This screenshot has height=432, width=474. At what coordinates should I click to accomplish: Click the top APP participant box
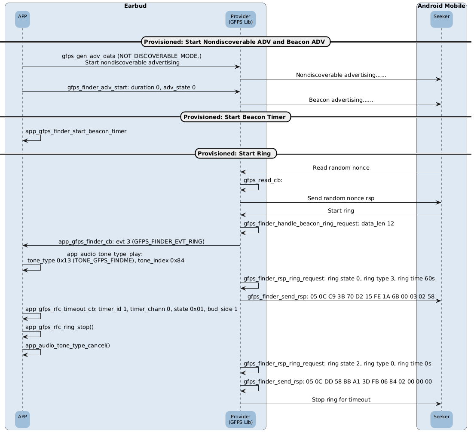[22, 19]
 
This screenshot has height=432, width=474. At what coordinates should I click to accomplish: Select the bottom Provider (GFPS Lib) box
[241, 419]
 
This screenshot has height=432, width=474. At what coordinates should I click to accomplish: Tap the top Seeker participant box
[441, 19]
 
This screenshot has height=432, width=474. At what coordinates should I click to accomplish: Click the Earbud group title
[135, 6]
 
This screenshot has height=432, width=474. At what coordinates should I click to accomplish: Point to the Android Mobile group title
[441, 6]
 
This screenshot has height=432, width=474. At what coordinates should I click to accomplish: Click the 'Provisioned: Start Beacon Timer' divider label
[235, 117]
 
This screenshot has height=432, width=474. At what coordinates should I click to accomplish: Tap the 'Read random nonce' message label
[341, 167]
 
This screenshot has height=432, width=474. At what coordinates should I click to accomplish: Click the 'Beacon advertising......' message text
[341, 100]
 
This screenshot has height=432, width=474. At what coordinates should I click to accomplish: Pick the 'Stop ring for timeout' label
[341, 400]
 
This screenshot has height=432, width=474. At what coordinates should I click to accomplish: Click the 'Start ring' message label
[341, 210]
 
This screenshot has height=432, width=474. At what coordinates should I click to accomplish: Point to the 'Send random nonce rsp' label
[341, 198]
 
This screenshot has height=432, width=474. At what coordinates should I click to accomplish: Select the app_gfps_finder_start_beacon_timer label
[76, 131]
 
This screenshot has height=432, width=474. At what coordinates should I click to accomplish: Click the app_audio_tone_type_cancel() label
[68, 345]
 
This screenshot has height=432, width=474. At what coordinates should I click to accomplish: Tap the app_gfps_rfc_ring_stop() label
[60, 327]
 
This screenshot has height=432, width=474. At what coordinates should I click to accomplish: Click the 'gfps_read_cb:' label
[263, 180]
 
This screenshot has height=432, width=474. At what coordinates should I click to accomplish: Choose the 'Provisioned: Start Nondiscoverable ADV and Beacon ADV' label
[234, 42]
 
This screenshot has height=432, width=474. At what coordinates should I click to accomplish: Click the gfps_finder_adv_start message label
[131, 87]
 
